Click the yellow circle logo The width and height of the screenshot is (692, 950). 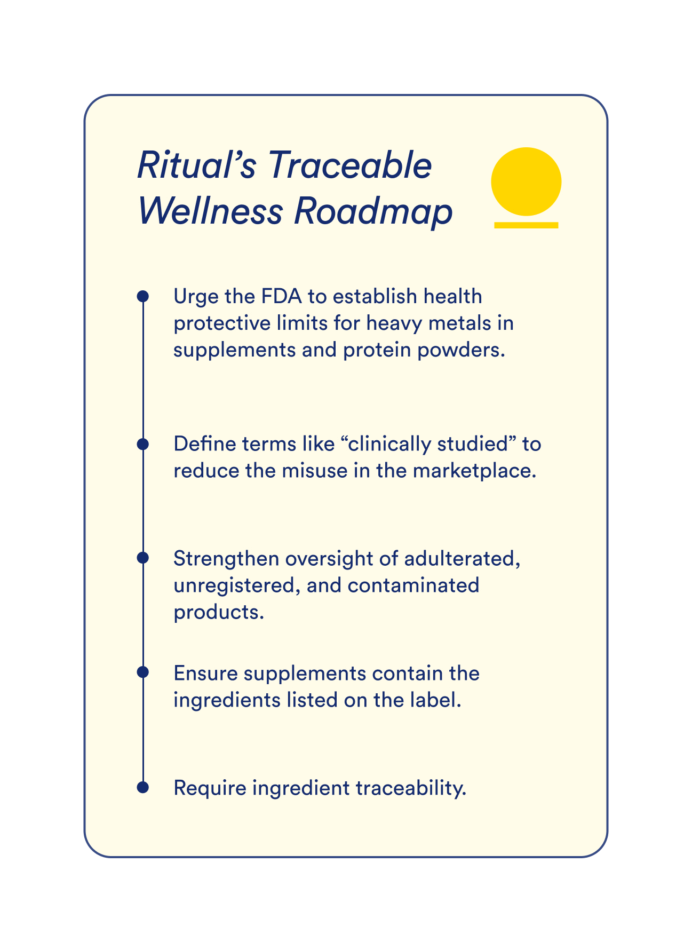point(526,181)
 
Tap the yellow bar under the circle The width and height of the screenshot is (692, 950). point(526,225)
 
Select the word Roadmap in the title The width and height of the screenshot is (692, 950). point(373,211)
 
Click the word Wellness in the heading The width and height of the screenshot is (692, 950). point(210,211)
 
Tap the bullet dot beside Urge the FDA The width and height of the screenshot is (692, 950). point(142,296)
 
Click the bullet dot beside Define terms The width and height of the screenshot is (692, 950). point(142,444)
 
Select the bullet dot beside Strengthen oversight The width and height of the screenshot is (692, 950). point(142,558)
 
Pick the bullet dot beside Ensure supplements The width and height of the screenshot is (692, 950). point(142,672)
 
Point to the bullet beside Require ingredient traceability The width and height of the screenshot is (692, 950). point(142,787)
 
